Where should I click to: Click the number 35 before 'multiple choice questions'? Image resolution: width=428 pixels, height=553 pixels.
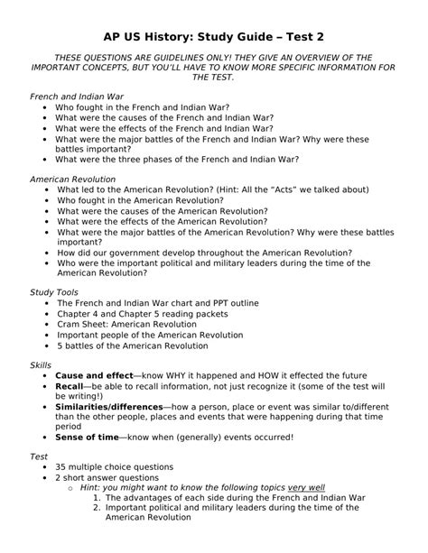tap(61, 467)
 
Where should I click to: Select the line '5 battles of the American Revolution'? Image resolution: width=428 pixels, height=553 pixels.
tap(133, 346)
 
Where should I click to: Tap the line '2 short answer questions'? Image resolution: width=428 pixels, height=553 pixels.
tap(107, 477)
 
